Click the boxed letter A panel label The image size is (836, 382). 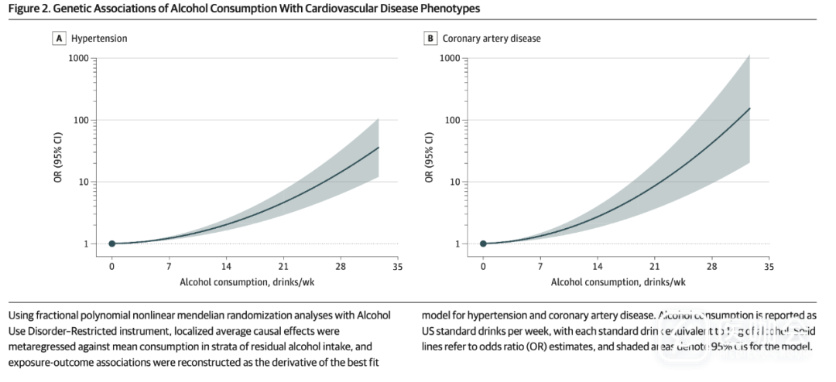tap(58, 37)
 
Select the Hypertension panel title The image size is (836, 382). tap(100, 37)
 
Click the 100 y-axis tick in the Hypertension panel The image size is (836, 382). tap(81, 120)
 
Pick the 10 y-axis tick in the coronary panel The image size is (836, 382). tap(455, 182)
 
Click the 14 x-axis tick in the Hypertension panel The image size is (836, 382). tap(226, 266)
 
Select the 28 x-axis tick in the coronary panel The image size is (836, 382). tap(711, 266)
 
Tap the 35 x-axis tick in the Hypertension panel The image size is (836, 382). tap(397, 266)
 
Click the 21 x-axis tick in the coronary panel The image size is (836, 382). tap(654, 266)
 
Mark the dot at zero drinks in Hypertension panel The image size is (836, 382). tap(111, 244)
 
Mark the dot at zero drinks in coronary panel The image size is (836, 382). tap(483, 244)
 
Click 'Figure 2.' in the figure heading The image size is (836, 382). tap(28, 8)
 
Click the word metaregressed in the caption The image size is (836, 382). tap(40, 346)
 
